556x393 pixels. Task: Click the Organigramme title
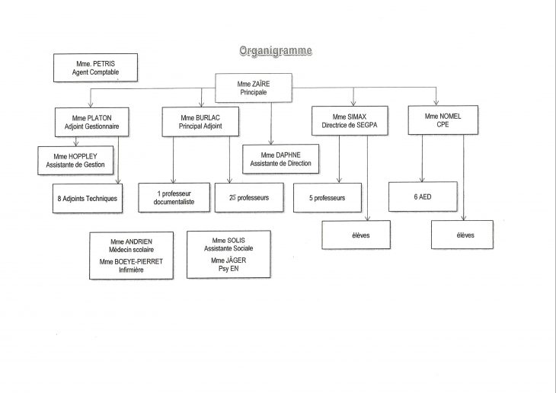(276, 51)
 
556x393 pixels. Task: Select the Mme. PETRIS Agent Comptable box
(95, 68)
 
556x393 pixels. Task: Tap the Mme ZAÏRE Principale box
(254, 88)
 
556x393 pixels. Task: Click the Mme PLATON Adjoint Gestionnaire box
(92, 122)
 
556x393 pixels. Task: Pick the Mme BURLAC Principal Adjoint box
(200, 122)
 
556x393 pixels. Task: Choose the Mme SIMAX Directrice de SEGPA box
(350, 120)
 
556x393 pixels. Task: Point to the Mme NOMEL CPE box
(443, 120)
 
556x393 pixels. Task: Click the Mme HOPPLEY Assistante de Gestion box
(75, 160)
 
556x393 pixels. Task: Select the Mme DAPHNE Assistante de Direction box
(280, 159)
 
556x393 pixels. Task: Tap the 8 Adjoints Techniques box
(88, 198)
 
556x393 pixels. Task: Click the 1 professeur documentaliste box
(174, 197)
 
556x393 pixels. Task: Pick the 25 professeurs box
(249, 197)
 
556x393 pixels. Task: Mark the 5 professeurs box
(328, 197)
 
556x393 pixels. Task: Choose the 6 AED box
(423, 196)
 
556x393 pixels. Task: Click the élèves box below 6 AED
(462, 235)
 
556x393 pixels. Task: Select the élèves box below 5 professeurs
(356, 235)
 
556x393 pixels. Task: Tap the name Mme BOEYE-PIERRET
(131, 262)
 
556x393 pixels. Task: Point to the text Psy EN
(228, 269)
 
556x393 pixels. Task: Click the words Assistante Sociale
(228, 248)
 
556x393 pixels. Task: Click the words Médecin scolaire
(131, 250)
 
